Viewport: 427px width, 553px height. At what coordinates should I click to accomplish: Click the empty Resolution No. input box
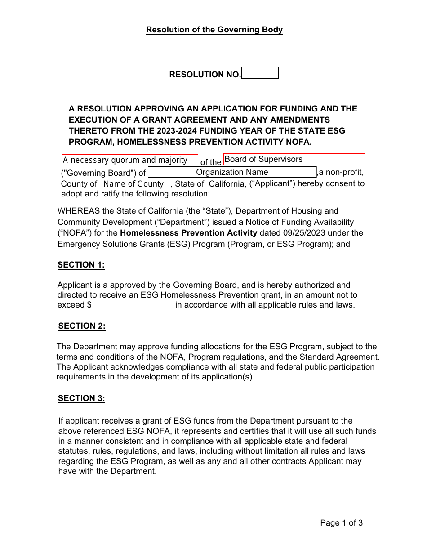pyautogui.click(x=260, y=73)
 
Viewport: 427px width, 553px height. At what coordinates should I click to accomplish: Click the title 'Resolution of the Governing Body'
pyautogui.click(x=214, y=30)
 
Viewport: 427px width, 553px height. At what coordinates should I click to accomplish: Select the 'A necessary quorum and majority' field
pyautogui.click(x=129, y=160)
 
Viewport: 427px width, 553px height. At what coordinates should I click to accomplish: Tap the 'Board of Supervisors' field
pyautogui.click(x=294, y=159)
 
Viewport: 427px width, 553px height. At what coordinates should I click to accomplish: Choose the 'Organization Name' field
pyautogui.click(x=232, y=172)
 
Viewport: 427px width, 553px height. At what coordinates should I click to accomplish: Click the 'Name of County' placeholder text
pyautogui.click(x=133, y=183)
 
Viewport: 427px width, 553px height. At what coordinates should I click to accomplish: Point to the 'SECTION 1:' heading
pyautogui.click(x=81, y=265)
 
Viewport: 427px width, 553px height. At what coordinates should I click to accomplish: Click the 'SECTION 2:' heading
pyautogui.click(x=82, y=326)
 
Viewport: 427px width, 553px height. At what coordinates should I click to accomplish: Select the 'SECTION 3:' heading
pyautogui.click(x=81, y=398)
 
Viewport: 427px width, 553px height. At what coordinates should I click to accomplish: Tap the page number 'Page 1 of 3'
pyautogui.click(x=341, y=522)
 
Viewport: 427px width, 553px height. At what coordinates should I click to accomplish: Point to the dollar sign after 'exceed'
pyautogui.click(x=89, y=305)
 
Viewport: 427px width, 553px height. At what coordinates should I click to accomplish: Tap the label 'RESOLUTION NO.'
pyautogui.click(x=205, y=75)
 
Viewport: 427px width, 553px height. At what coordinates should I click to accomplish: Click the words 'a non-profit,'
pyautogui.click(x=341, y=172)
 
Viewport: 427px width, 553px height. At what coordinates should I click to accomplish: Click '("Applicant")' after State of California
pyautogui.click(x=272, y=183)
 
